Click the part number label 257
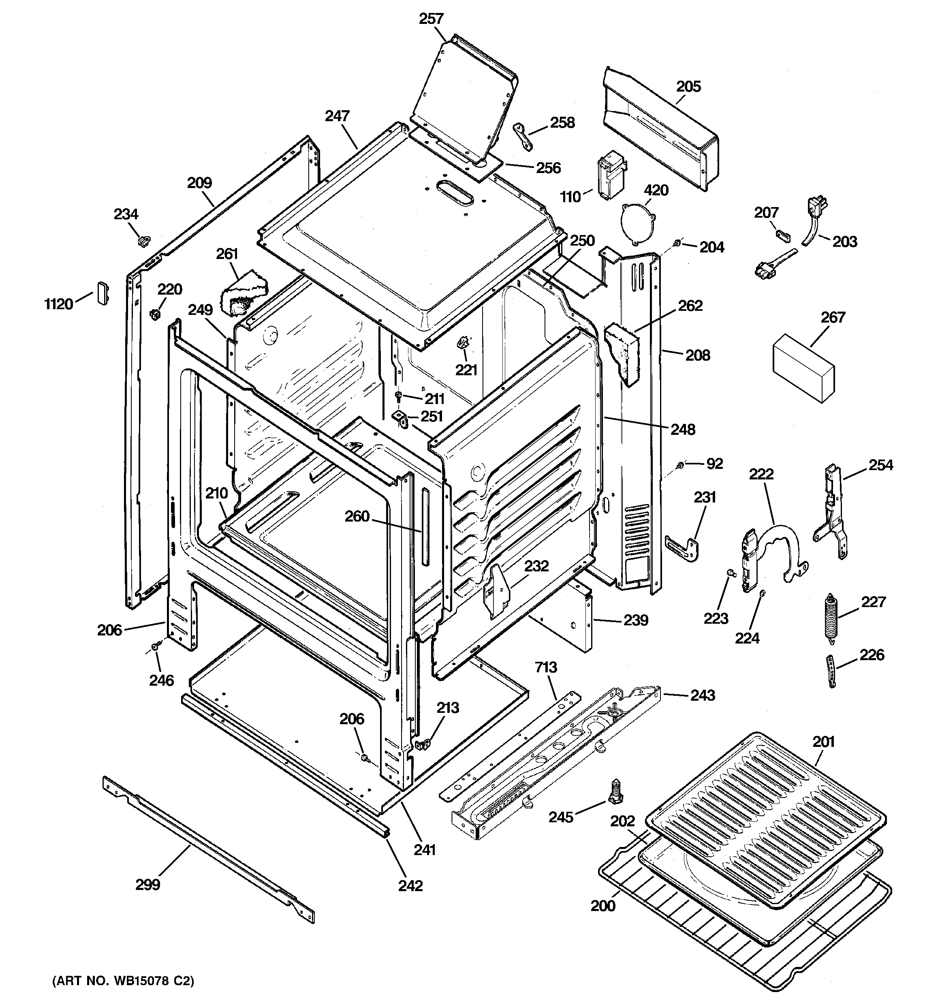coord(432,19)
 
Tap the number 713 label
coord(546,667)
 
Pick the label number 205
coord(688,86)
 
